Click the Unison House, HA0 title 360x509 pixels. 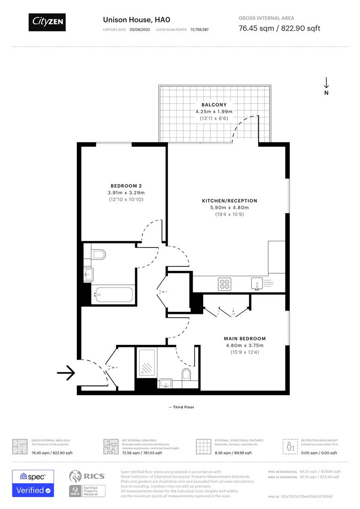pos(136,20)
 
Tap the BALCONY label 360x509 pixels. pos(214,105)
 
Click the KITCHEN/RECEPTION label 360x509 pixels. pos(229,201)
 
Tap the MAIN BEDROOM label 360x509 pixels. pos(245,338)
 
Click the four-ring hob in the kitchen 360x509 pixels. pos(224,284)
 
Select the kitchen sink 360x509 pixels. pos(256,284)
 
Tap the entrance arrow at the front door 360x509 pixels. pos(66,373)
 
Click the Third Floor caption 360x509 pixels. pos(183,407)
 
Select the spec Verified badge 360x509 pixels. pos(33,483)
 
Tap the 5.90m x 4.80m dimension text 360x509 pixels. pos(229,208)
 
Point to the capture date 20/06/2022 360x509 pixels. pos(139,29)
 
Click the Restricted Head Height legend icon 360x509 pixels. pos(288,445)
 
